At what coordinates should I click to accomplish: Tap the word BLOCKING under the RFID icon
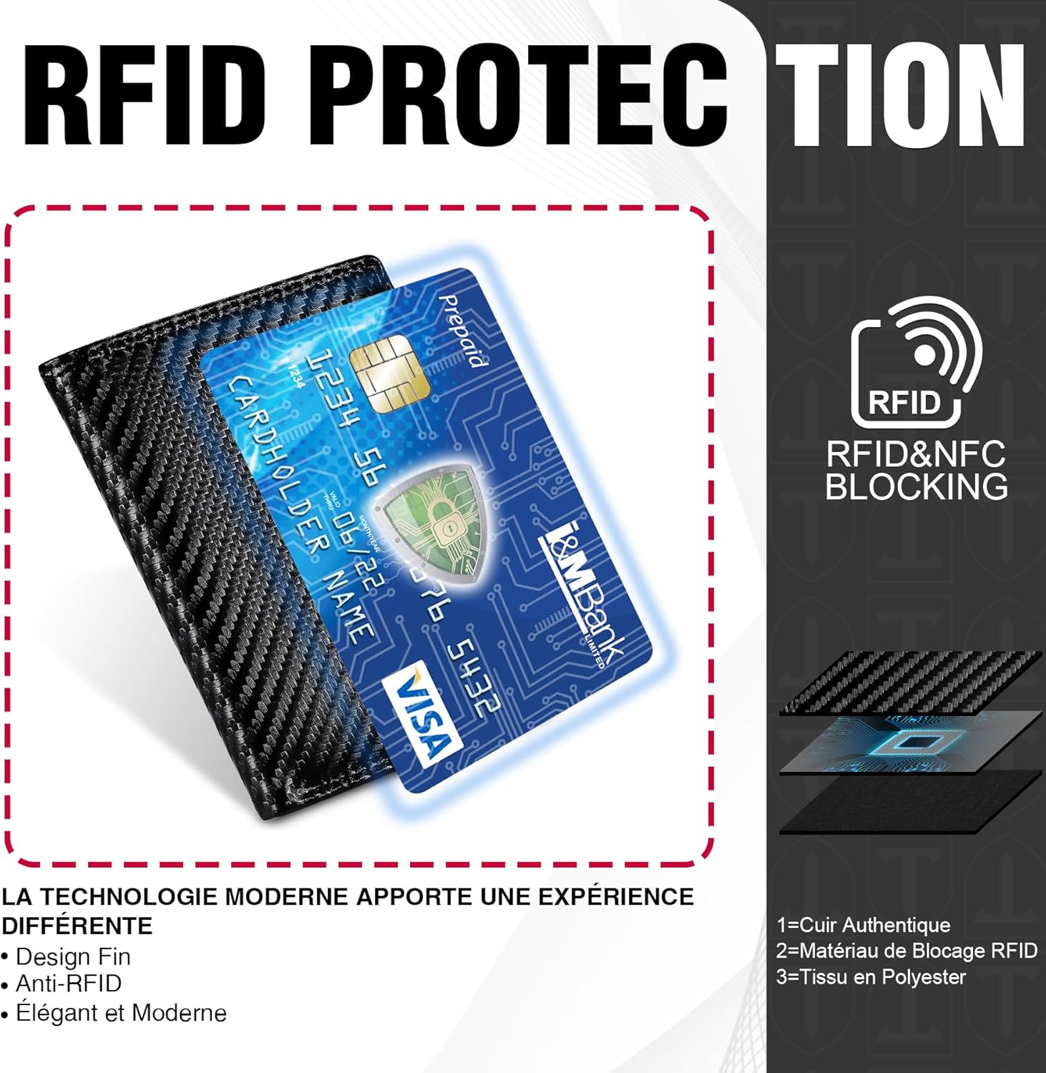(917, 486)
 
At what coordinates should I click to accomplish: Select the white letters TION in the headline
(901, 96)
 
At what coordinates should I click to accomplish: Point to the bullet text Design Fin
(66, 956)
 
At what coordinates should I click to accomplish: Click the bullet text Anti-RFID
(62, 984)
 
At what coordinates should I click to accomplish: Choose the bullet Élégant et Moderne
(114, 1013)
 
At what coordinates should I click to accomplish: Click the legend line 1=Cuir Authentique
(864, 925)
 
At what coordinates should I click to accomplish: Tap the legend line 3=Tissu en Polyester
(871, 977)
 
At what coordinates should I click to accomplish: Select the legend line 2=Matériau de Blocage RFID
(906, 951)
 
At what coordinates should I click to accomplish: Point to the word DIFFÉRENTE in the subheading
(77, 926)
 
